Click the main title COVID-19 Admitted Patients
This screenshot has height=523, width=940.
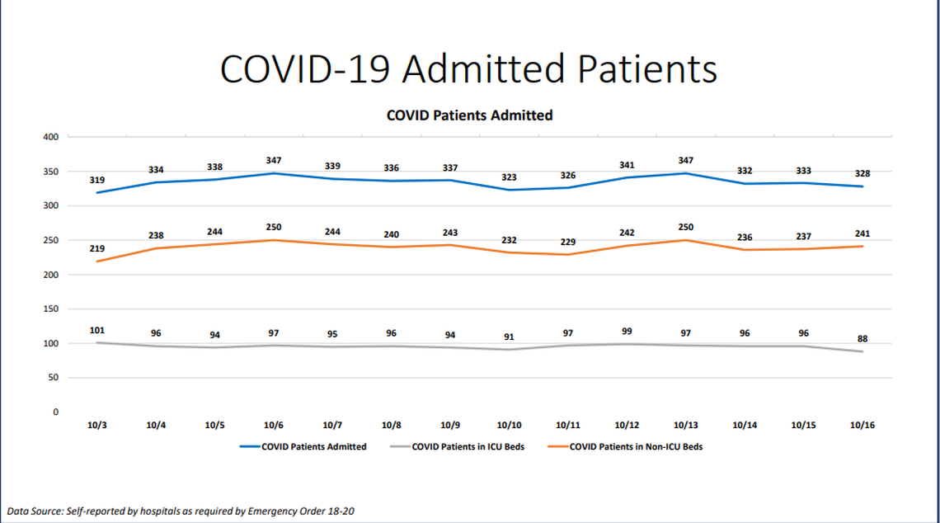tap(469, 69)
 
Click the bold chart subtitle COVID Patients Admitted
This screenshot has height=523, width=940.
tap(469, 115)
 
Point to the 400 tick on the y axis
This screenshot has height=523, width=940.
tap(51, 137)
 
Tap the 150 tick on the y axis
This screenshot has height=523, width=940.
tap(51, 309)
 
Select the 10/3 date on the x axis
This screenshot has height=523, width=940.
tap(97, 426)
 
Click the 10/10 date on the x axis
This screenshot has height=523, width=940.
tap(509, 426)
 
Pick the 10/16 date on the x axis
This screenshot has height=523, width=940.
tap(862, 426)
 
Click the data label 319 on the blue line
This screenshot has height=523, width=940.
tap(97, 180)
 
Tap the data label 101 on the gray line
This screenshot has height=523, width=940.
tap(97, 330)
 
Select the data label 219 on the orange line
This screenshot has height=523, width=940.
tap(97, 248)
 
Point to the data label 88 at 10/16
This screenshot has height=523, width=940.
tap(862, 338)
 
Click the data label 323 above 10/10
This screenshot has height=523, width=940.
tap(509, 177)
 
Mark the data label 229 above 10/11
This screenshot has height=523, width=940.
tap(567, 242)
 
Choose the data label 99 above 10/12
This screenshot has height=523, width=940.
tap(626, 331)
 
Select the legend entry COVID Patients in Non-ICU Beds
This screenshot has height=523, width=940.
tap(635, 447)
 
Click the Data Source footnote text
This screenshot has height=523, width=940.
tap(181, 511)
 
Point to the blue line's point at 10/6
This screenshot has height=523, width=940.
tap(274, 173)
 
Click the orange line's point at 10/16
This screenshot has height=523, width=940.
tap(862, 246)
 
